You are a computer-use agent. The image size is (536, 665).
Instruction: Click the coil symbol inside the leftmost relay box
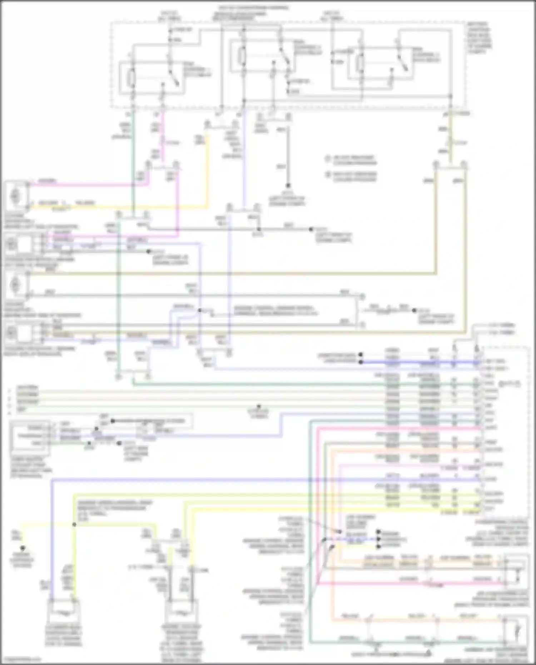tap(131, 78)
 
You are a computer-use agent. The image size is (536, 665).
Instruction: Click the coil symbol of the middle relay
tap(243, 55)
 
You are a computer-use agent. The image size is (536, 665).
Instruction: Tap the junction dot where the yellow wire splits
tap(74, 525)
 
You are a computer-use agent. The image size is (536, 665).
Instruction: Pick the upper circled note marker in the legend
tap(328, 158)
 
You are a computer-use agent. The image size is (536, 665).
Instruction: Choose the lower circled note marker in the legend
tap(328, 175)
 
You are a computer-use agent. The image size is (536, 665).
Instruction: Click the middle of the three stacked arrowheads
tap(378, 539)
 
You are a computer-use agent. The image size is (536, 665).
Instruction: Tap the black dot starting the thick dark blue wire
tap(361, 362)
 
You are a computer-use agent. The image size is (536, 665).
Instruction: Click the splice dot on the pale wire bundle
tap(259, 407)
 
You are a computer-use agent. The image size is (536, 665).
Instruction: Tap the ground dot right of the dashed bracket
tap(414, 310)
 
